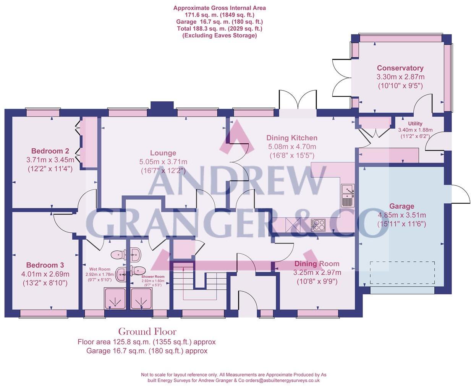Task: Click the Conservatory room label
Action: point(400,68)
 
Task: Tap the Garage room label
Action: point(401,206)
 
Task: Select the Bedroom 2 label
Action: point(50,151)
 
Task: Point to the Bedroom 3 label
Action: point(45,265)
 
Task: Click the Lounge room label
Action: point(163,153)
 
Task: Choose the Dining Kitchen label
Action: point(292,138)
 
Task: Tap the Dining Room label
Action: point(317,264)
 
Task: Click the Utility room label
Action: point(415,124)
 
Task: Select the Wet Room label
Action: point(100,269)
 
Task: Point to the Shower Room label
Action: point(153,277)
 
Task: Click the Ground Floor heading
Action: point(147,331)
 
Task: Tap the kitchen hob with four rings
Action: point(318,225)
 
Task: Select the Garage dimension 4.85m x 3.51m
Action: point(401,215)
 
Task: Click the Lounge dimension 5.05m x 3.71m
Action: point(163,162)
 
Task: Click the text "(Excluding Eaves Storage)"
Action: point(220,36)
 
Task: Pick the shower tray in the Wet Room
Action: point(115,298)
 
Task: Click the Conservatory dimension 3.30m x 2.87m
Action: point(400,77)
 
